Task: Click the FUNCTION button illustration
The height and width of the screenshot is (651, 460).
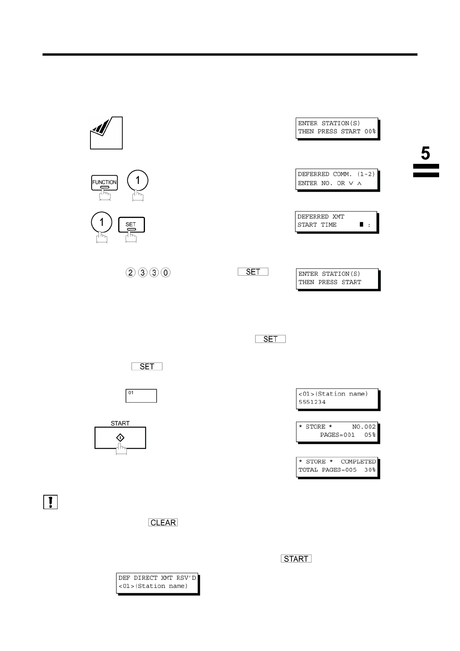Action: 104,182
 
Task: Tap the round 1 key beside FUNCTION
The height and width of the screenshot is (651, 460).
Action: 138,180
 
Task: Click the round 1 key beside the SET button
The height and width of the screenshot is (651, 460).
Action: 102,222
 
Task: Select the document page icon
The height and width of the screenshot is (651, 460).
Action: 106,133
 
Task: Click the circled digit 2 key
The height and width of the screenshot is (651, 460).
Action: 130,273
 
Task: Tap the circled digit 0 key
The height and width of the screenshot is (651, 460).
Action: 165,273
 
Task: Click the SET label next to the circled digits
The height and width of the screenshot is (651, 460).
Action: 253,272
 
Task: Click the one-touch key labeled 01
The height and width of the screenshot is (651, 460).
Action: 141,396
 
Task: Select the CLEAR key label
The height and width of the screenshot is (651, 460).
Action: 163,523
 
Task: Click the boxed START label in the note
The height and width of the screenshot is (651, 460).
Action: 296,559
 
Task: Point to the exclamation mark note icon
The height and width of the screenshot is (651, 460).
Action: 50,502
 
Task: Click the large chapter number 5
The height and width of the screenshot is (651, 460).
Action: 425,154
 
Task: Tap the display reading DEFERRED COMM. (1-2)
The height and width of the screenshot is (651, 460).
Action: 336,179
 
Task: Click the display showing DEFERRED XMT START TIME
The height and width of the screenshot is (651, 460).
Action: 336,221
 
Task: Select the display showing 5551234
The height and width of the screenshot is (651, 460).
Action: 337,398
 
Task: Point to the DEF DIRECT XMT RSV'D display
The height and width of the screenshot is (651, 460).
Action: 157,582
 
